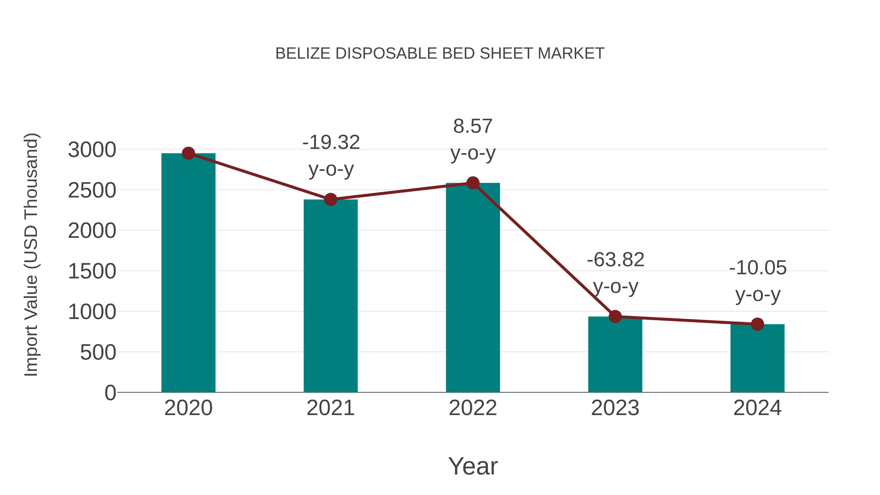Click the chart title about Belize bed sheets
[x=440, y=54]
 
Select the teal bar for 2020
[x=188, y=273]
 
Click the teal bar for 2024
[x=757, y=358]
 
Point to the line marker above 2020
[x=188, y=153]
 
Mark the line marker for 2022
[x=473, y=183]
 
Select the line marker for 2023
[x=615, y=317]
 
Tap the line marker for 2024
[x=757, y=324]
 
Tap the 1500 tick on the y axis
[x=92, y=272]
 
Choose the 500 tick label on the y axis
[x=98, y=352]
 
